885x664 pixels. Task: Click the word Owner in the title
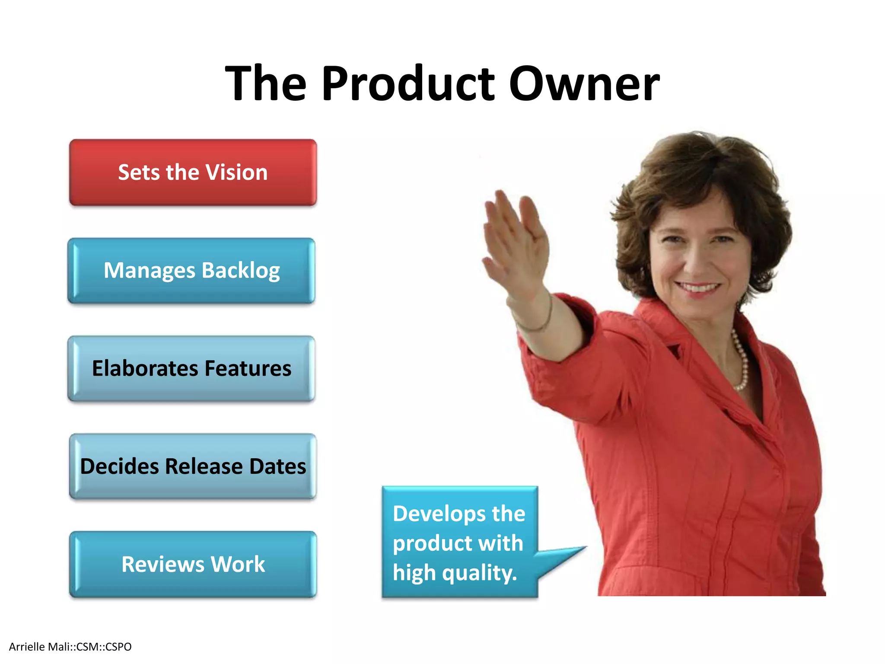[x=584, y=83]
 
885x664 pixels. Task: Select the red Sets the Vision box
[x=193, y=172]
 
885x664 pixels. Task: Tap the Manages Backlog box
[x=191, y=271]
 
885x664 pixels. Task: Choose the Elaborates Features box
[x=191, y=369]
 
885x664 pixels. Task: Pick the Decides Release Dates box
[x=193, y=466]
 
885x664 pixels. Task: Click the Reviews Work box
[x=193, y=564]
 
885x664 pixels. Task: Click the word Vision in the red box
[x=236, y=172]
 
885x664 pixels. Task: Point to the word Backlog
[x=241, y=271]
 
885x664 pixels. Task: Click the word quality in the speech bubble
[x=479, y=573]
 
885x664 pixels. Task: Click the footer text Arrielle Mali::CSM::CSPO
[x=70, y=647]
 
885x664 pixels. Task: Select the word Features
[x=248, y=369]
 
